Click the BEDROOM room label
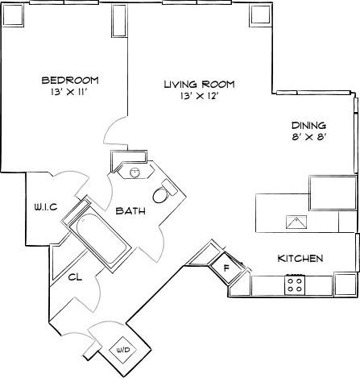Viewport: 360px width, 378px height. coord(70,80)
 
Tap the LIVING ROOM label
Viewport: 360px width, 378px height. coord(192,84)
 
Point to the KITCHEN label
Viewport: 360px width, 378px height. coord(300,259)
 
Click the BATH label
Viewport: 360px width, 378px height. coord(131,211)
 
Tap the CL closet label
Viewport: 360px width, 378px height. coord(75,277)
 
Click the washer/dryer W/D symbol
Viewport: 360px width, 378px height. coord(123,350)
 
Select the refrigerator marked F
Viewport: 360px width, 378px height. coord(226,268)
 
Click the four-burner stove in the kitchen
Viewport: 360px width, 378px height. coord(295,284)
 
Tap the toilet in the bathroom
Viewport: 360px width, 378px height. coord(164,193)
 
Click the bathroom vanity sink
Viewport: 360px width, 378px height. coord(134,171)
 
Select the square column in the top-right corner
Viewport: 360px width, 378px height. coord(259,15)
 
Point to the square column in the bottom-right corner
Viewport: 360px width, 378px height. coord(345,284)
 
